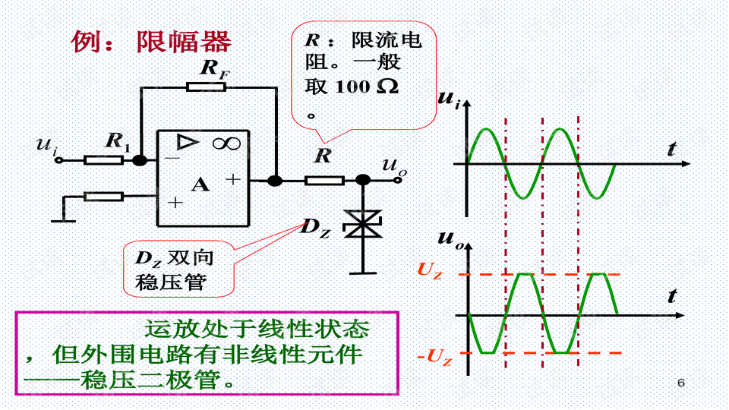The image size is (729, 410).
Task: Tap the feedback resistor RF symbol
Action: point(206,87)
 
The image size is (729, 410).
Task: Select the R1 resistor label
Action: point(118,140)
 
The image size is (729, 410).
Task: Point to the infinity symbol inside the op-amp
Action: point(226,142)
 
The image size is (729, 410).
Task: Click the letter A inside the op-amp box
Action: point(200,184)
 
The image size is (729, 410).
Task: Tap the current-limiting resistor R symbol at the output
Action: point(324,180)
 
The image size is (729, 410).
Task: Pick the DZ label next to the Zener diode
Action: point(316,226)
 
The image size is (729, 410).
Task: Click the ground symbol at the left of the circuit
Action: point(62,220)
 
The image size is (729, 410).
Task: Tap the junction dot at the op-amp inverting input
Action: point(140,160)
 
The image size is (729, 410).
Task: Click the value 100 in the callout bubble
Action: point(352,87)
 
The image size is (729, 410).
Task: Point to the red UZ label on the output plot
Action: point(429,270)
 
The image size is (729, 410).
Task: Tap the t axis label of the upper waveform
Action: point(671,150)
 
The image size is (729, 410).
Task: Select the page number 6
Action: point(680,382)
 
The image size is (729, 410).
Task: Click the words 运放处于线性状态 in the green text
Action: point(257,329)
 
